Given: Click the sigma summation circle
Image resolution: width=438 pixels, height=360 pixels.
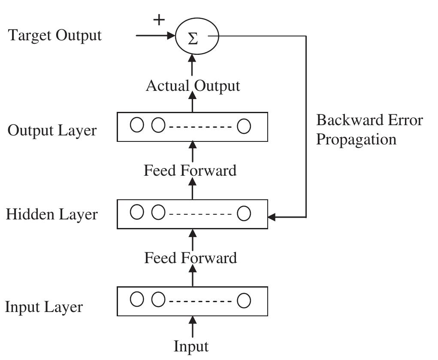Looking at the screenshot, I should tap(197, 37).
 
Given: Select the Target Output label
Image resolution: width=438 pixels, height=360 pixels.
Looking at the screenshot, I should tap(55, 35).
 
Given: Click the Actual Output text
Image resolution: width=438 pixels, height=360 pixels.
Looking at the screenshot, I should tap(193, 86).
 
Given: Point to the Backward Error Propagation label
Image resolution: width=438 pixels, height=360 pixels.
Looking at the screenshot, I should tap(369, 129).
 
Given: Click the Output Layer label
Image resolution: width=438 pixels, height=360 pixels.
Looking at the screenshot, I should tap(52, 130).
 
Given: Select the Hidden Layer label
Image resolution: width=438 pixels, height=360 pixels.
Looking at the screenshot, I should tap(51, 214).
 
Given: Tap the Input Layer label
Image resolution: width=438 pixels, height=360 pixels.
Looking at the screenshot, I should tap(44, 307).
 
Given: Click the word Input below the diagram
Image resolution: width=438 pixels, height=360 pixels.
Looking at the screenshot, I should tap(191, 346).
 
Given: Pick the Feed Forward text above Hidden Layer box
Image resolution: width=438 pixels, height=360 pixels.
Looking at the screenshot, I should tap(190, 171).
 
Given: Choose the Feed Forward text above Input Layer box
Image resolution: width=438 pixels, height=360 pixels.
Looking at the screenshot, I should tap(190, 258).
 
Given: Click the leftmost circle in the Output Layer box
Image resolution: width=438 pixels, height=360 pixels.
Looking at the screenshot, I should tap(137, 126).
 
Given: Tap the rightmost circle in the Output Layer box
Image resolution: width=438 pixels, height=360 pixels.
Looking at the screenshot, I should tap(244, 126).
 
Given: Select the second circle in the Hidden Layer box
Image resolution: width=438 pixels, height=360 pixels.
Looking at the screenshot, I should tap(158, 212).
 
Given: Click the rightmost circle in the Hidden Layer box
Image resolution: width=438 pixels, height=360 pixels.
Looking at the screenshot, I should tap(244, 213).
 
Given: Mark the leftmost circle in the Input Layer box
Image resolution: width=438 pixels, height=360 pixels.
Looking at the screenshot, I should tap(137, 300).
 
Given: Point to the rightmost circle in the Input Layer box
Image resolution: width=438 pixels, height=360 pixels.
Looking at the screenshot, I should tap(244, 301).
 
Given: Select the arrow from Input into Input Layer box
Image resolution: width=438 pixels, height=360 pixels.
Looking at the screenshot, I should tap(193, 327).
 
